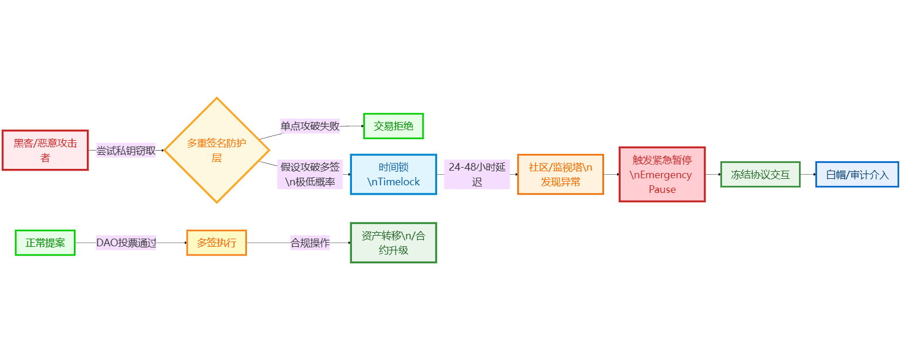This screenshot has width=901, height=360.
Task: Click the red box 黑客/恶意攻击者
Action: point(45,150)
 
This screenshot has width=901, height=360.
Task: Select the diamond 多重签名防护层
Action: point(216,150)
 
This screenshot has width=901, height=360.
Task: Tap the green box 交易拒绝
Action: point(393,126)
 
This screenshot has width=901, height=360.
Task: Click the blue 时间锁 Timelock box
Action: point(393,174)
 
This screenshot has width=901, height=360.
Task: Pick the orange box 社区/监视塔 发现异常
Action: point(560,174)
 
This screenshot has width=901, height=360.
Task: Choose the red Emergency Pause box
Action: point(662,174)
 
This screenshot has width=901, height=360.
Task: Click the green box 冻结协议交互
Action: point(760,174)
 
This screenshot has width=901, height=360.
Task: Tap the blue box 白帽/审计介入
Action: point(857,174)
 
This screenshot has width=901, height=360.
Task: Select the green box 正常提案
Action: point(45,243)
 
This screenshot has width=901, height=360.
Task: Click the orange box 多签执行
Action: point(216,243)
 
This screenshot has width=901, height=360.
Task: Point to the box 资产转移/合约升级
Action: point(393,243)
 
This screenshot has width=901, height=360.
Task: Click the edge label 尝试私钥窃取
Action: point(126,151)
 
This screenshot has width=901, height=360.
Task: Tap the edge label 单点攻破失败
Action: point(310,126)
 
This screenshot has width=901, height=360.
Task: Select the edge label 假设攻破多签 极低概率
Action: point(310,174)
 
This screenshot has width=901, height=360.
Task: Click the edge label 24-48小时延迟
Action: point(476,174)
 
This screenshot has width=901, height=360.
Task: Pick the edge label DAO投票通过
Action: point(126,243)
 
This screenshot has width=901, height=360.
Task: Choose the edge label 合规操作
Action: point(310,243)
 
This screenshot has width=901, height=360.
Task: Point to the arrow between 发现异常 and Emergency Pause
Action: point(611,174)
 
